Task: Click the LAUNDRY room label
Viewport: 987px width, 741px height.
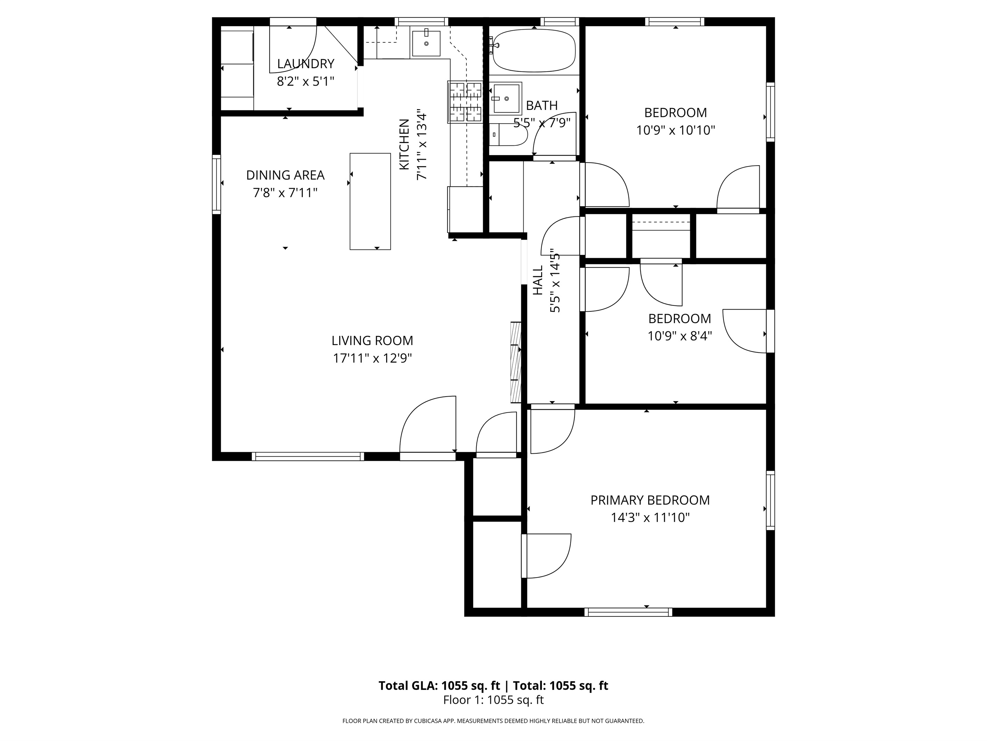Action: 305,64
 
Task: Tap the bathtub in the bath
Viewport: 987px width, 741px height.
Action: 534,50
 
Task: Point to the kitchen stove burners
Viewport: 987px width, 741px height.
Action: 465,102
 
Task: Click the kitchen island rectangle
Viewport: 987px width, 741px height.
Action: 370,201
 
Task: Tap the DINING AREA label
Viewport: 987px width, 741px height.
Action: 286,175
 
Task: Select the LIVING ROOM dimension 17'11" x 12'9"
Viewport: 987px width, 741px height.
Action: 373,358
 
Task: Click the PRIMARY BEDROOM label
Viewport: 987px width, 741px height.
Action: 650,500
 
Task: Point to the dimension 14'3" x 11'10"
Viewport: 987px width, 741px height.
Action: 650,518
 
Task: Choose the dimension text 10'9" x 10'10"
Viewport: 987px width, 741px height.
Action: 676,130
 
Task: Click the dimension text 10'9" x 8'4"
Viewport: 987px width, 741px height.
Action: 679,336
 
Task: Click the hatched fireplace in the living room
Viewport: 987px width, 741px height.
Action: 516,362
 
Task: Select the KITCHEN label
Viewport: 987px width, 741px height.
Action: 404,144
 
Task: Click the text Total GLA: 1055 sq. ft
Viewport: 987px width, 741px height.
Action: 440,686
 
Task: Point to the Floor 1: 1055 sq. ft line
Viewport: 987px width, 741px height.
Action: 493,700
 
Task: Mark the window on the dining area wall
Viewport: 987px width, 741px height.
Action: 217,184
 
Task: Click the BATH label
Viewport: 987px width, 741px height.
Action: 542,105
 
